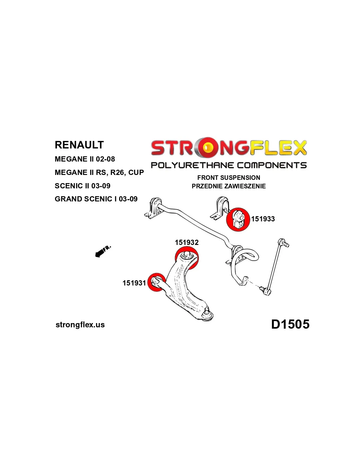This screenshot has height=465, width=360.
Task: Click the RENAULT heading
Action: [79, 145]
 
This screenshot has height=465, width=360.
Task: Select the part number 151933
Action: [263, 219]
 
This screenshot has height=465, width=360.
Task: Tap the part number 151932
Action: [187, 242]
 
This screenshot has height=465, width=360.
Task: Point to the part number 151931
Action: [134, 283]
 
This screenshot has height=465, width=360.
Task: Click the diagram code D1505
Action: [290, 324]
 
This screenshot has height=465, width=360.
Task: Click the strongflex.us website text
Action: [80, 325]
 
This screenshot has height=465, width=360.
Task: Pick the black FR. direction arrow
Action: [103, 252]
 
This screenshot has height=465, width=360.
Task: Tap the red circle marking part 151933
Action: [238, 219]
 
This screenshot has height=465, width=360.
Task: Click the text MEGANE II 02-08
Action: [85, 159]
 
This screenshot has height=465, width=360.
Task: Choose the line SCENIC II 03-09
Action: [82, 186]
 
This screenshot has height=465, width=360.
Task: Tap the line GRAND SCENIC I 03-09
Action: [96, 199]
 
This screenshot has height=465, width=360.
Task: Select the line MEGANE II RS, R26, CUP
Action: [99, 172]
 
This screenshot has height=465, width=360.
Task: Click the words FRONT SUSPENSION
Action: [229, 178]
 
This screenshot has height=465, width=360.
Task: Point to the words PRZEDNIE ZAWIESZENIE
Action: [229, 186]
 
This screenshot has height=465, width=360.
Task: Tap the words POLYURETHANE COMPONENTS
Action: [229, 165]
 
